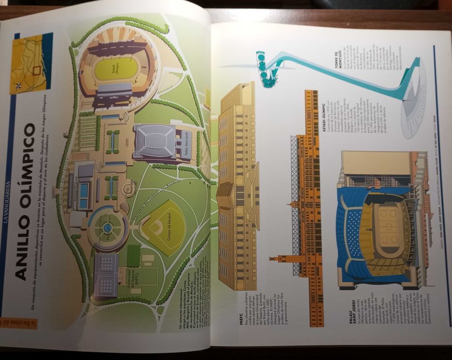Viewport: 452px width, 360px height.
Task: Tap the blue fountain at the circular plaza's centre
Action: click(x=107, y=227)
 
